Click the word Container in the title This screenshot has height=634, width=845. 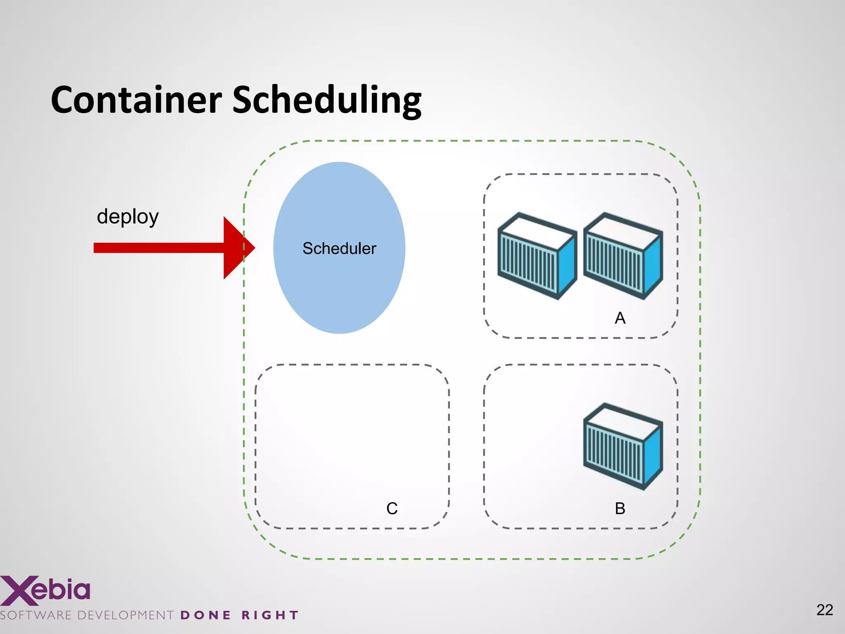coord(136,100)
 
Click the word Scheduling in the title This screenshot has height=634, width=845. coord(326,101)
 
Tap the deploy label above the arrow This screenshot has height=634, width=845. coord(127,217)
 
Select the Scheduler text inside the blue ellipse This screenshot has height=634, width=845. coord(339,248)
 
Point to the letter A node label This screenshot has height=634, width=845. coord(620,318)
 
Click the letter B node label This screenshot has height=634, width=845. coord(620,509)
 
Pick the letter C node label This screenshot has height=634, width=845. coord(392,509)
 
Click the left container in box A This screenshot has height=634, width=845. coord(536,256)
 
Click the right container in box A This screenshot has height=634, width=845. coord(622,256)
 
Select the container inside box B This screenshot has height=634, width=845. coord(622,447)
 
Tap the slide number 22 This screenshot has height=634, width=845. coord(824,610)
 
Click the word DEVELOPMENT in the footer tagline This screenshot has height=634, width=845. coord(125,615)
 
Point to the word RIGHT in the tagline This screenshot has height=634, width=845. coord(270,615)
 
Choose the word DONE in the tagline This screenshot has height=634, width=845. coord(205,615)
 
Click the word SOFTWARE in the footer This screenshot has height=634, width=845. coord(36,615)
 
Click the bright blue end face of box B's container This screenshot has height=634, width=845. coord(653,454)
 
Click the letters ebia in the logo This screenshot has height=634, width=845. coord(61,589)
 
